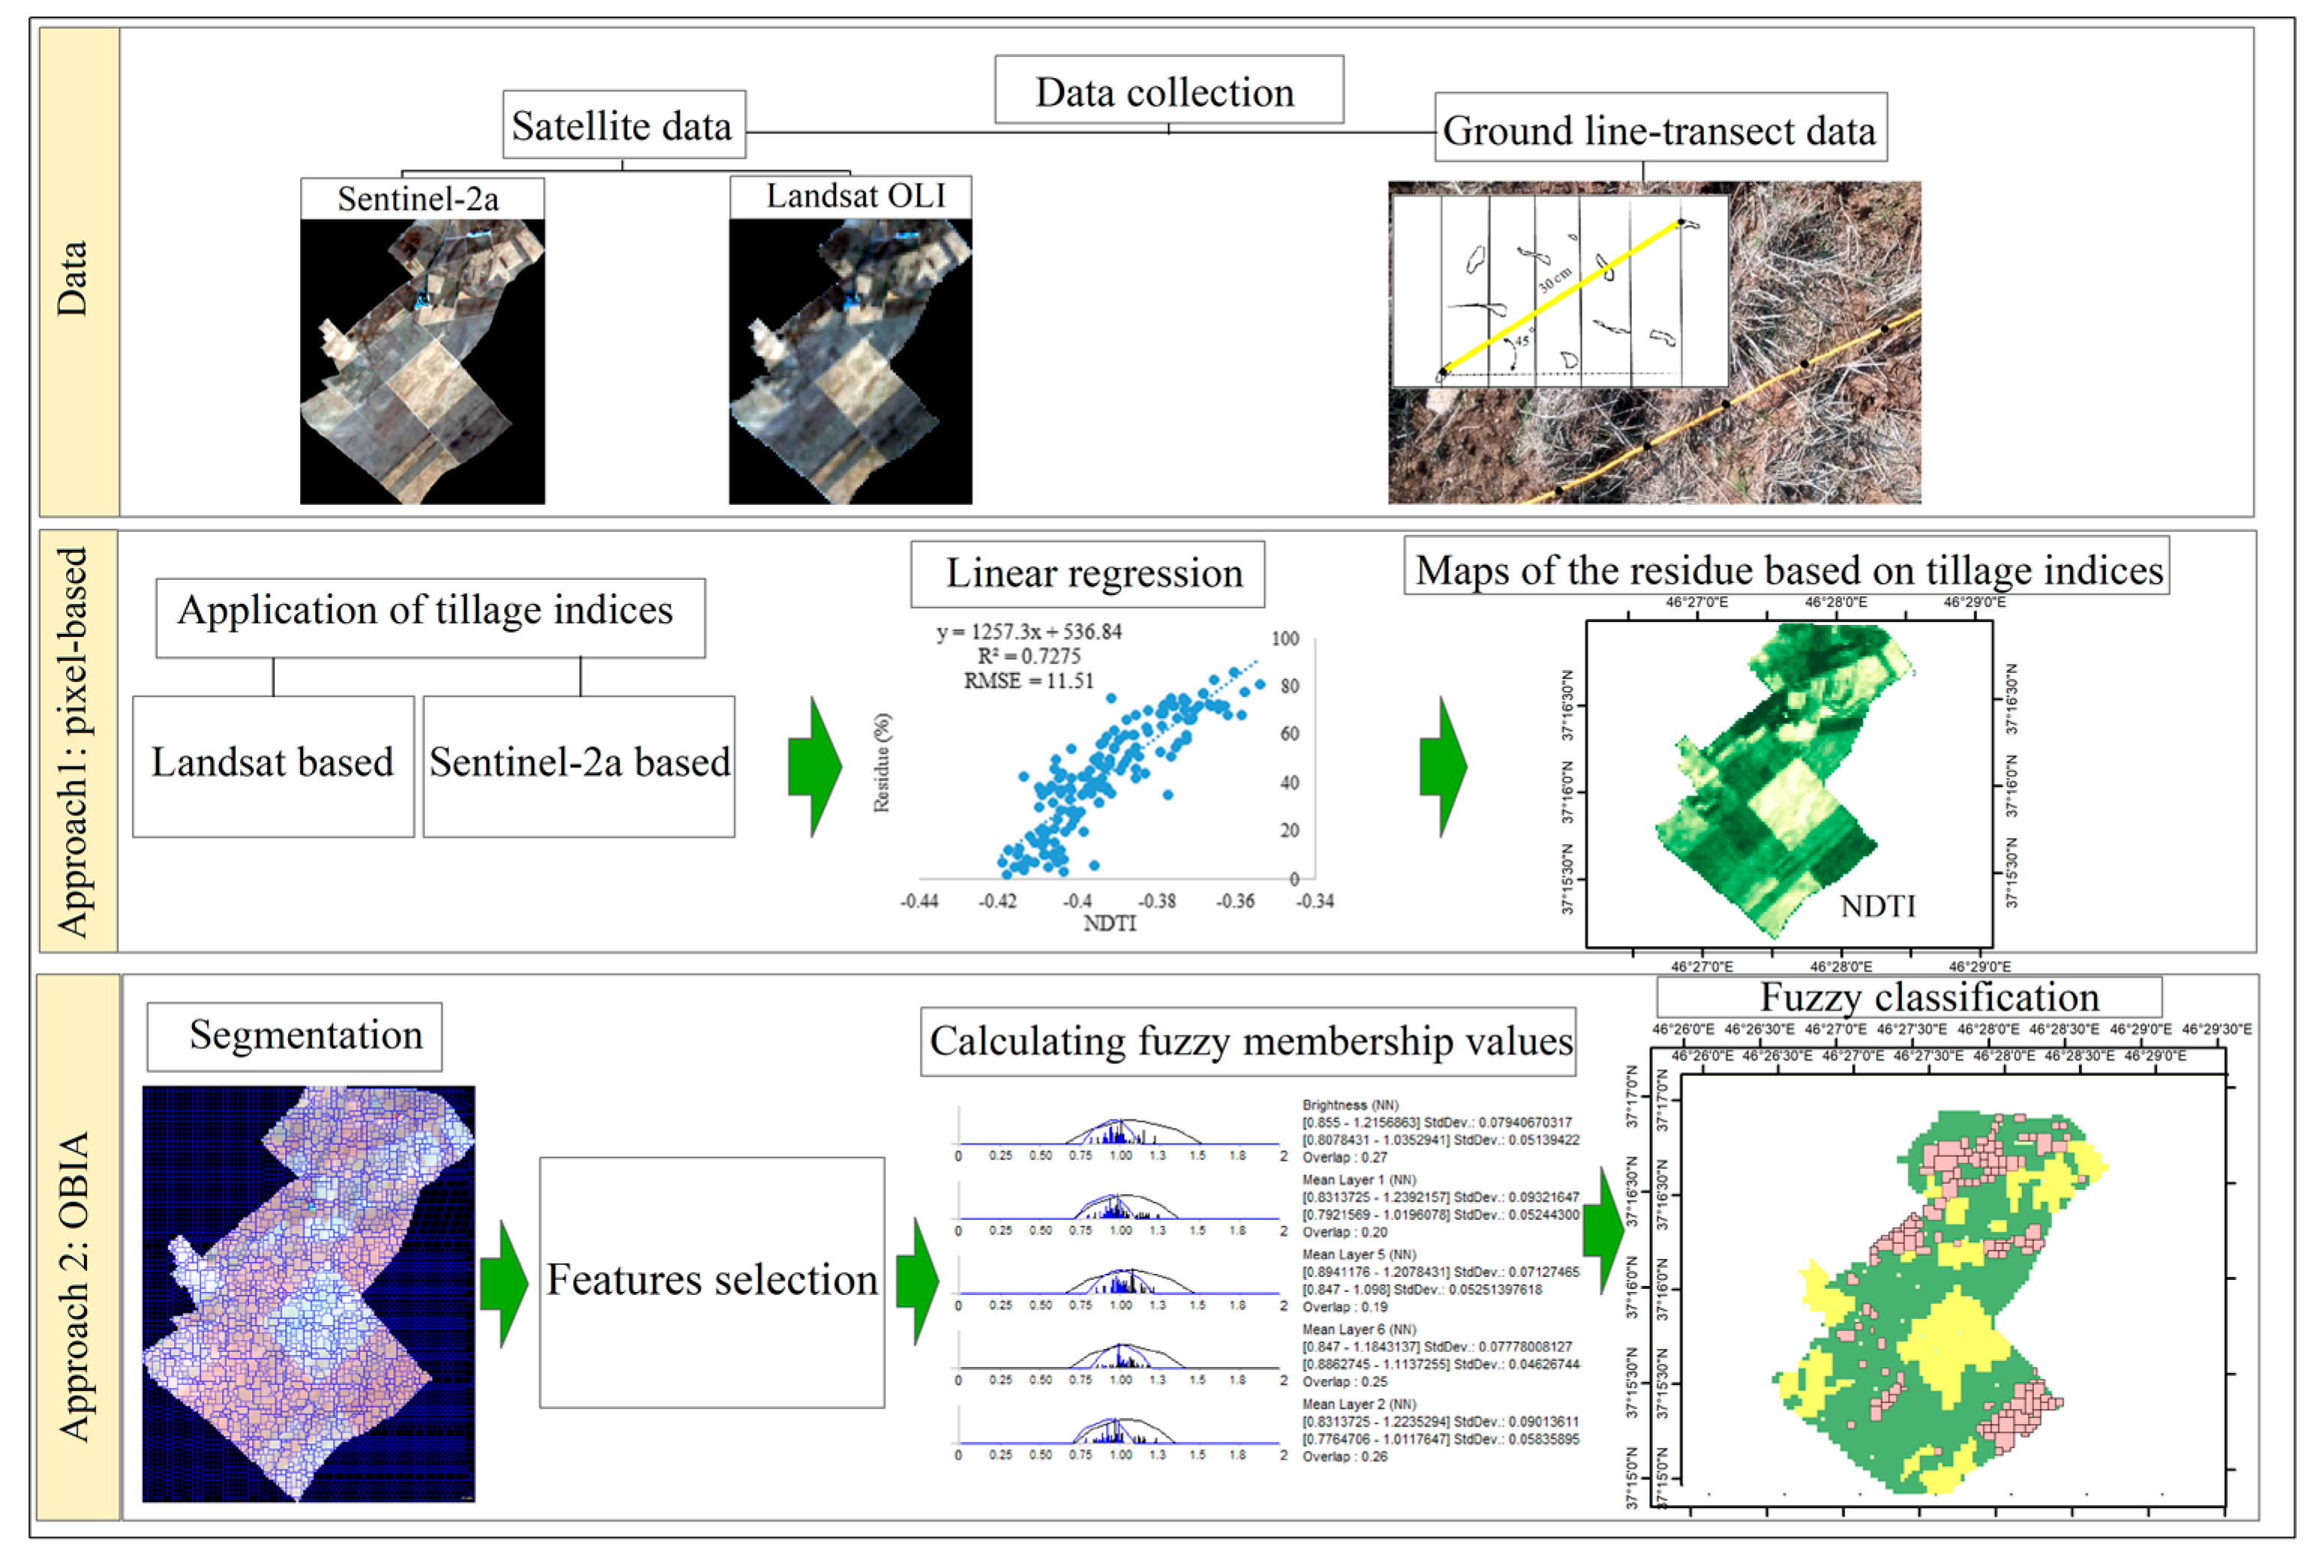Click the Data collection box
[x=1168, y=92]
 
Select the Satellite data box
[x=624, y=126]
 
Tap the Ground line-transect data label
[x=1659, y=131]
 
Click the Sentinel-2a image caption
[x=419, y=199]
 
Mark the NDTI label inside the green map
[x=1877, y=906]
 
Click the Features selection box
[x=711, y=1281]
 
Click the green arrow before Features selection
[x=504, y=1284]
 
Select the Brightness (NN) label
[x=1349, y=1104]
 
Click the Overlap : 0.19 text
[x=1345, y=1306]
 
